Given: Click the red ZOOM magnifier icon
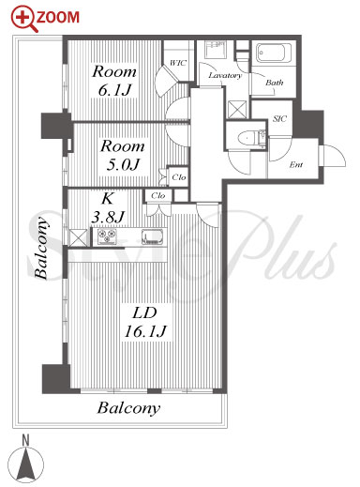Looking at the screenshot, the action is [x=24, y=19].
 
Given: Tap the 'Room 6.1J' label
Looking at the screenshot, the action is [x=114, y=81].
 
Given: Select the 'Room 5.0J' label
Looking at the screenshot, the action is [x=123, y=155].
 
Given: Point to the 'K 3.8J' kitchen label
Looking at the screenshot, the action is [x=108, y=207].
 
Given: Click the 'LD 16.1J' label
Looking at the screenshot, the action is [x=145, y=322].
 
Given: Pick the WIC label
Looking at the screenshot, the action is [x=178, y=63].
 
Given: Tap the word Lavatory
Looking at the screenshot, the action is [x=225, y=75].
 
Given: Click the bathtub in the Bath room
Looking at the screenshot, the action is [x=274, y=53].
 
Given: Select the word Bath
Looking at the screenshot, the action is [x=275, y=83].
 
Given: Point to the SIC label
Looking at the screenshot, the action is [x=279, y=119].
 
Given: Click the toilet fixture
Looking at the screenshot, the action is [x=251, y=138].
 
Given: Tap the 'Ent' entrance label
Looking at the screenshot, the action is [x=296, y=164].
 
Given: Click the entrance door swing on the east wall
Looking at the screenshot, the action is [x=335, y=156].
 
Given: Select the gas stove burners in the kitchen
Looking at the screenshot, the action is [x=107, y=236].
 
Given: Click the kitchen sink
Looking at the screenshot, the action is [x=152, y=236].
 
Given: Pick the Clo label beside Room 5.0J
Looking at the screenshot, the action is [x=179, y=177].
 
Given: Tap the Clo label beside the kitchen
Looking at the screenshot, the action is [x=157, y=196].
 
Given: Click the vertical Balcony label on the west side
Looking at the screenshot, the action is [x=41, y=247].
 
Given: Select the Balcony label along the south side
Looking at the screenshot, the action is [x=128, y=408].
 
